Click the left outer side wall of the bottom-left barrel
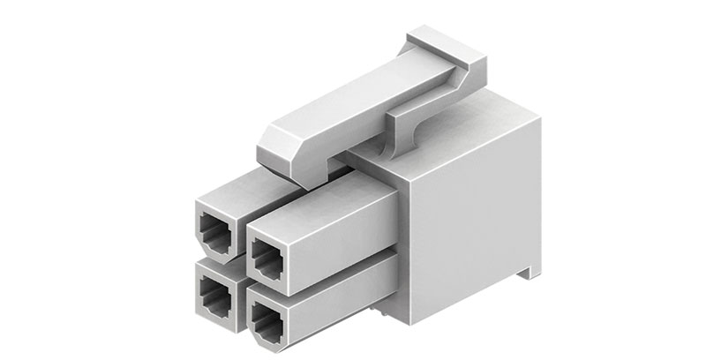[197, 287]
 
